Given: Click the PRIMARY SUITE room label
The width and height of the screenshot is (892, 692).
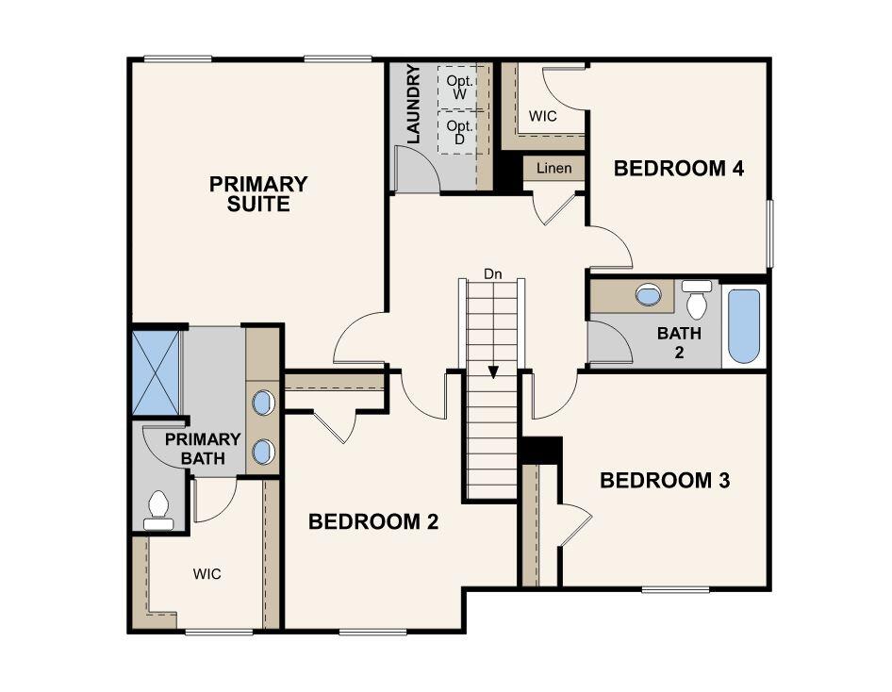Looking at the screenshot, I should [x=258, y=193].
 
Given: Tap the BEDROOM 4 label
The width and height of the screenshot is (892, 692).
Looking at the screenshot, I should [x=679, y=169].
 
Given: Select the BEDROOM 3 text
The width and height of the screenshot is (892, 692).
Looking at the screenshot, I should [x=666, y=481].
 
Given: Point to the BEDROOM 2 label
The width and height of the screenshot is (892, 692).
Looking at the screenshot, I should [x=374, y=521].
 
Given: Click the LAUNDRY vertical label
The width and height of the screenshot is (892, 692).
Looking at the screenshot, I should [x=413, y=105].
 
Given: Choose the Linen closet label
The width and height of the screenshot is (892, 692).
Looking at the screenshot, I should [x=553, y=169].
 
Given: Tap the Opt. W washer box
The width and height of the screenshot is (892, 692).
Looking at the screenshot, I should [x=460, y=87].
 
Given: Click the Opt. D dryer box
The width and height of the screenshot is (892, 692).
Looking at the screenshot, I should [x=460, y=132].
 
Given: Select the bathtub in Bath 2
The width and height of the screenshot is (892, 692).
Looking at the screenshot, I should [x=744, y=326].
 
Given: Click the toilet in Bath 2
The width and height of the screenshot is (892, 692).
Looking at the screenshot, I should [x=697, y=300].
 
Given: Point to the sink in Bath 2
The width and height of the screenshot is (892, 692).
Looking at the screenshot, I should [x=649, y=295].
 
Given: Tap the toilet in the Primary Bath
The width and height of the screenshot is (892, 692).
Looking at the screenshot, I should [x=158, y=509].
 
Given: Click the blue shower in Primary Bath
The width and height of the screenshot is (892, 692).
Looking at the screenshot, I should [x=156, y=371].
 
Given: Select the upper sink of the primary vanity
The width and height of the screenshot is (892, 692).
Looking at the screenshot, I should [x=264, y=404].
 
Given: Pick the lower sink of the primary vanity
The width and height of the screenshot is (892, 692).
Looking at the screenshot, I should [x=264, y=452].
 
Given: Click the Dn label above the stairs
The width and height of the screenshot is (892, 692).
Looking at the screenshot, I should [x=492, y=274].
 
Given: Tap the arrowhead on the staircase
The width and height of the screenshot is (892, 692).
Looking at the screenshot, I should [x=493, y=372].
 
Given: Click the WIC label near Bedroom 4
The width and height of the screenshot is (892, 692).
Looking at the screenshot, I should [x=542, y=117].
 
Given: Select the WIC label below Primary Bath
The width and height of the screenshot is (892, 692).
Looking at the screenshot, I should [x=207, y=573].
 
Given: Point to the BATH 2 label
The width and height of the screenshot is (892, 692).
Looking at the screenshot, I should [x=673, y=342].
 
